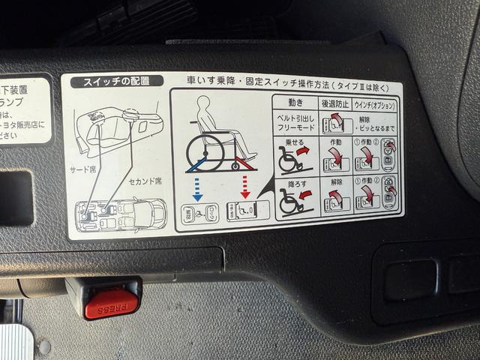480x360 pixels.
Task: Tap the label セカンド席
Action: tap(144, 181)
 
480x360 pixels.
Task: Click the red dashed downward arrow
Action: tap(245, 187)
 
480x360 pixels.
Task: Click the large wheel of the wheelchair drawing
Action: tap(203, 148)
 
